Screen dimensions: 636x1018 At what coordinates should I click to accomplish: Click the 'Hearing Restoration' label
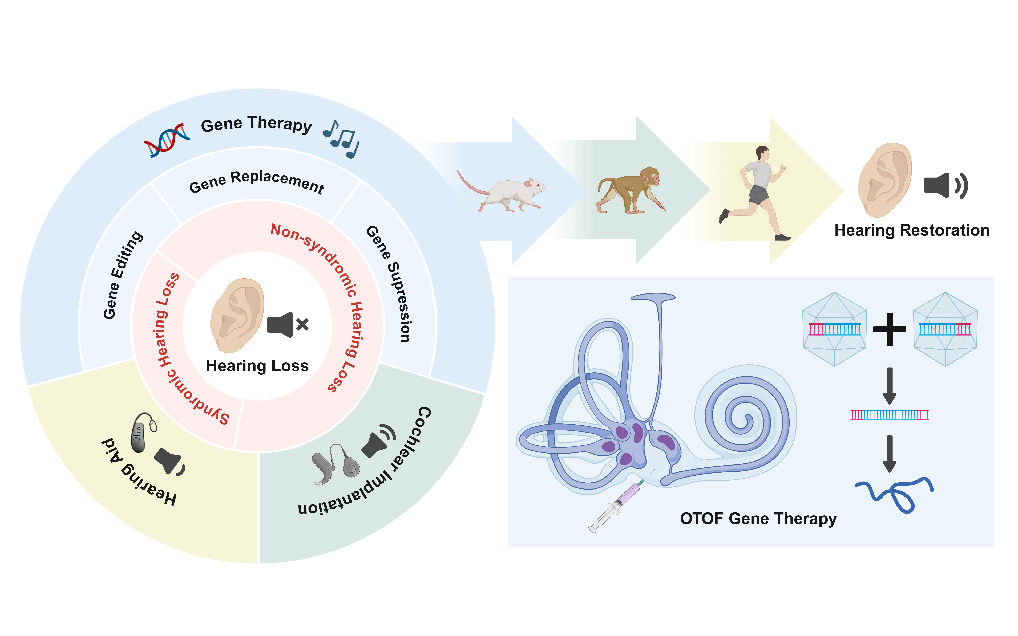tap(912, 231)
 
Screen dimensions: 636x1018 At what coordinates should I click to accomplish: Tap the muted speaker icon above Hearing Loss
tap(287, 325)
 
